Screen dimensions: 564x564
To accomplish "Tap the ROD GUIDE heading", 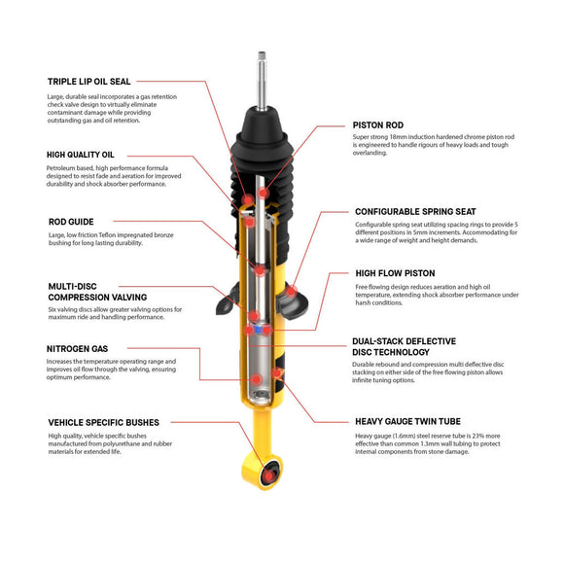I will (71, 221).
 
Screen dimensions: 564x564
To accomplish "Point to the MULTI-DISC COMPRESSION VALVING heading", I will (96, 292).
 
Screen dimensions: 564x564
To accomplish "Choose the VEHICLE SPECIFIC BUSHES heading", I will (103, 422).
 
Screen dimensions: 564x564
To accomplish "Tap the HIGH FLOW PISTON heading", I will (395, 273).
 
